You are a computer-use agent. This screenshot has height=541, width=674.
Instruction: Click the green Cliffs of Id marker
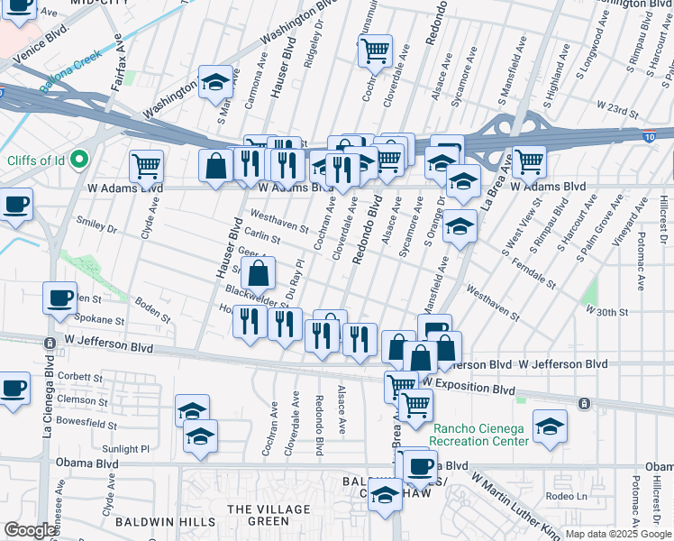pos(78,160)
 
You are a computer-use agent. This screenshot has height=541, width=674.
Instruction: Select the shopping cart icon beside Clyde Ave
pos(146,166)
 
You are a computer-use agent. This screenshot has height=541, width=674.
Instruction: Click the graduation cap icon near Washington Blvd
pos(215,83)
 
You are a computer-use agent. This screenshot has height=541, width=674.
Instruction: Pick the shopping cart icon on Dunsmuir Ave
pos(376,50)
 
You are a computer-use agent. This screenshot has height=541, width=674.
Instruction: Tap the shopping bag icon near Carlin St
pos(258,272)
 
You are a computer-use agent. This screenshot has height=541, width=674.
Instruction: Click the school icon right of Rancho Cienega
pos(550,426)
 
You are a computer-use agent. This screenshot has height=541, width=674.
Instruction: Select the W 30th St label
pos(606,309)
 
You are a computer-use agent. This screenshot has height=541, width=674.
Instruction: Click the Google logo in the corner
pos(31,530)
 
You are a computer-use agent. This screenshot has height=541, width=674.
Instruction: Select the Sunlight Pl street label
pos(125,448)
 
